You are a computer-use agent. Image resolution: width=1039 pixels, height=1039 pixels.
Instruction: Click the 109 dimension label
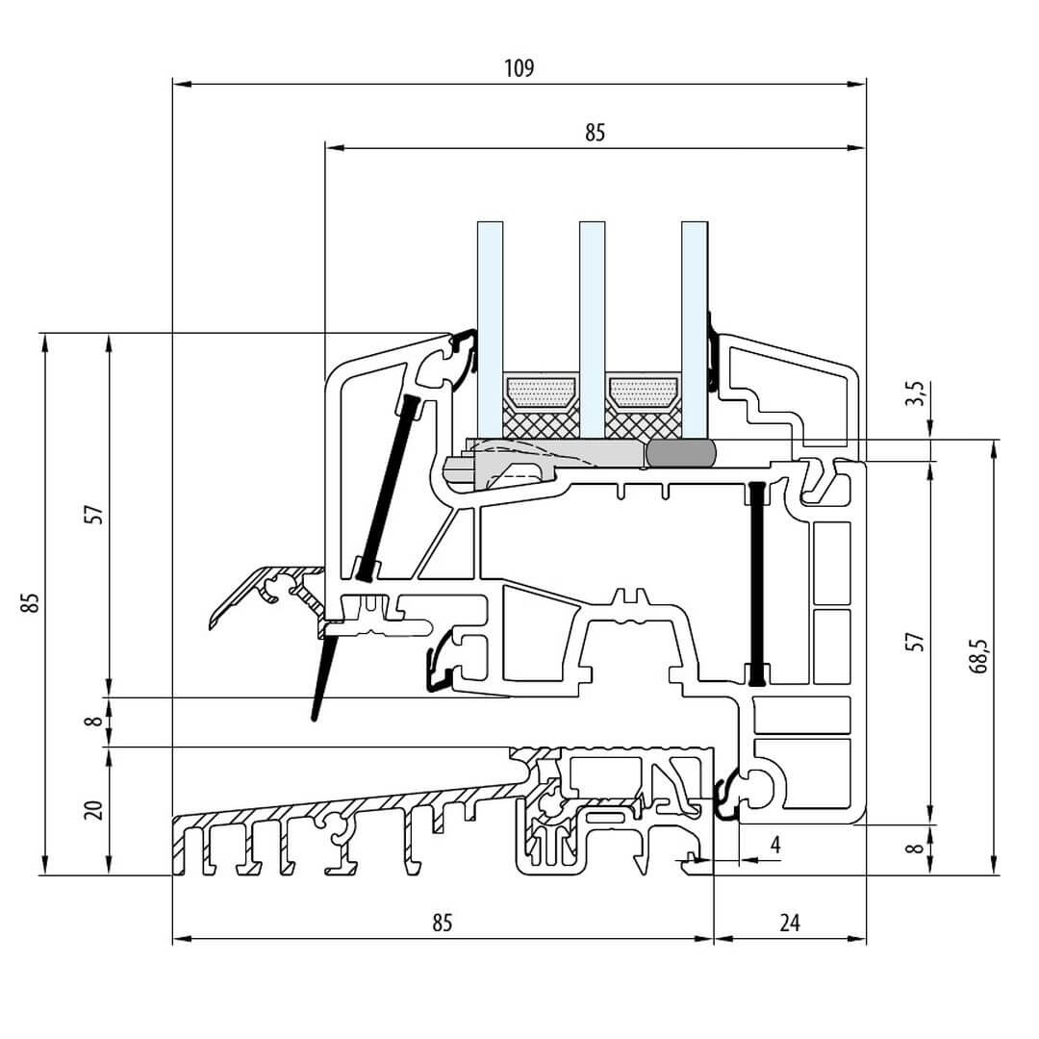pos(518,68)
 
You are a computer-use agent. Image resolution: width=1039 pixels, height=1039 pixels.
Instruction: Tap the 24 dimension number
pos(789,924)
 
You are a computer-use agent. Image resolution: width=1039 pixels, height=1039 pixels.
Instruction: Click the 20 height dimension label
pos(93,809)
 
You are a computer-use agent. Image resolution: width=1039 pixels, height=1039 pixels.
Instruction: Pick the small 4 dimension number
pos(775,845)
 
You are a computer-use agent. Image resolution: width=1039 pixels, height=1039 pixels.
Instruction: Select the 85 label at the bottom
pos(441,924)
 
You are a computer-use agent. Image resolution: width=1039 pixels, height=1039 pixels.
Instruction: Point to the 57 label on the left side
pos(93,514)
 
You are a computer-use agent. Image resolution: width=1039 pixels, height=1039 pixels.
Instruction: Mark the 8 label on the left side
pos(93,720)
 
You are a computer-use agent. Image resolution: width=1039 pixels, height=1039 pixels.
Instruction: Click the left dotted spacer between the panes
pos(541,390)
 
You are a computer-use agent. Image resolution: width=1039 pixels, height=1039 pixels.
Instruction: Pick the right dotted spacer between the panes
pos(643,390)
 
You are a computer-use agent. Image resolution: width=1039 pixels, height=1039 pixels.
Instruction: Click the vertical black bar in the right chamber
pos(758,583)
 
